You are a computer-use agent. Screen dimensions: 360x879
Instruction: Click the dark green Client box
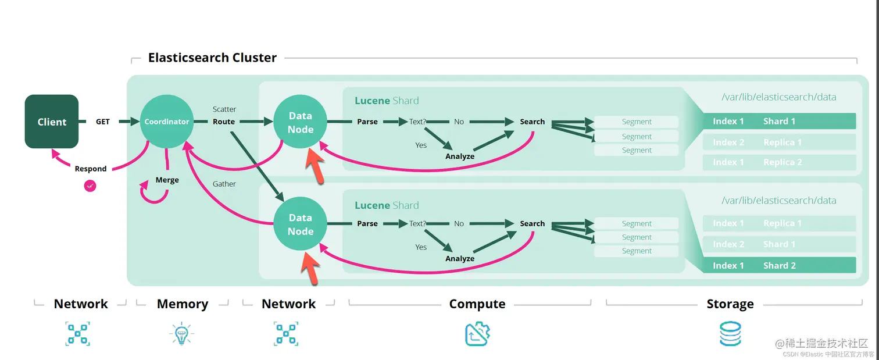click(x=52, y=122)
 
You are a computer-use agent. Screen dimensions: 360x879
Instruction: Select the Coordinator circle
click(x=167, y=122)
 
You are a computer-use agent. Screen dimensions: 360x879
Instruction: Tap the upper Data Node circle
click(x=300, y=123)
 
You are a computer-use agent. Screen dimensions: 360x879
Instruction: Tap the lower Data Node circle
click(x=300, y=224)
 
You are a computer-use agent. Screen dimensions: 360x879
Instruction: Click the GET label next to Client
click(x=102, y=122)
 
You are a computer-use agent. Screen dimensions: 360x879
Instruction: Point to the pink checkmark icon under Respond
click(x=90, y=186)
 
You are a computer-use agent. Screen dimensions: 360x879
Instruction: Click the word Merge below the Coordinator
click(x=167, y=180)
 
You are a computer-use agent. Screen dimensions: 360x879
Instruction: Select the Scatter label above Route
click(x=224, y=109)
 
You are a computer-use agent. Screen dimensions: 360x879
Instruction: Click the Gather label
click(x=224, y=184)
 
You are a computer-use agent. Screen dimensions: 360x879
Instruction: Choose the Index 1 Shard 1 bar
click(x=779, y=121)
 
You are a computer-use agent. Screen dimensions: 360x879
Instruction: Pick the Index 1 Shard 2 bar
click(x=779, y=265)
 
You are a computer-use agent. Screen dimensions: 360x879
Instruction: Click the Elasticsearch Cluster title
click(x=212, y=58)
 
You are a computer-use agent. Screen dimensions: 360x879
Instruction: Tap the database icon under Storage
click(x=730, y=334)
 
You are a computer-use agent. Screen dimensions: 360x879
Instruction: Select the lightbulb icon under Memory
click(x=181, y=334)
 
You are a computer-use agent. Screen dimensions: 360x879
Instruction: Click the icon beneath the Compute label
click(x=477, y=334)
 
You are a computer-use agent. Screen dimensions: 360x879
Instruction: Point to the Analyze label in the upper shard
click(x=460, y=156)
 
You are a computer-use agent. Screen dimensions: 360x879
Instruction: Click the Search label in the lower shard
click(x=532, y=223)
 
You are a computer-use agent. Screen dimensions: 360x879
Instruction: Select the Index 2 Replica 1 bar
click(x=779, y=142)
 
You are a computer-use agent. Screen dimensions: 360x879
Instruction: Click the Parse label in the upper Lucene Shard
click(x=367, y=122)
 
